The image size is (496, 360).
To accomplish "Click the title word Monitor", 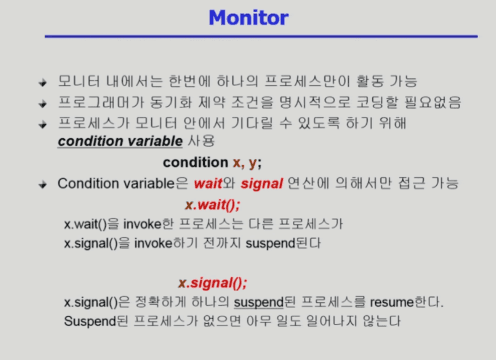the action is tap(249, 18).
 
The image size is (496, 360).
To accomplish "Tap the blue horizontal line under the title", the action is tap(261, 37).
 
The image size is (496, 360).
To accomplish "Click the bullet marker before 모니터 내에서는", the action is tap(43, 83).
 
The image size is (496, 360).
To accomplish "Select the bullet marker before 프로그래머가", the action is tap(43, 104).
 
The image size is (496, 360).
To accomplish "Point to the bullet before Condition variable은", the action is tap(43, 184).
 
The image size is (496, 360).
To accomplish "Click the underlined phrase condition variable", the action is tap(120, 141).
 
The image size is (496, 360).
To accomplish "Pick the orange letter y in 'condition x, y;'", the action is tap(253, 163).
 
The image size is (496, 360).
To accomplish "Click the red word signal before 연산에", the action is tap(262, 184).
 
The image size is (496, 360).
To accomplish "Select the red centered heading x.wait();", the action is tap(213, 204).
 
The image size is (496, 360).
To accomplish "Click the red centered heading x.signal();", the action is tap(213, 283).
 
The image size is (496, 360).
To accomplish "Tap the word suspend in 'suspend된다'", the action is tap(271, 244).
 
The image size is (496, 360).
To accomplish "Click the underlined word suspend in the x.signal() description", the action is tap(259, 303).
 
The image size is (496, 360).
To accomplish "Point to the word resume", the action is tap(392, 303).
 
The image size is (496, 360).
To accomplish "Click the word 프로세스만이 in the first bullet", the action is tap(307, 82).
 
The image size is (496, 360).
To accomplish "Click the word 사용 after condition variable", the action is tap(202, 141).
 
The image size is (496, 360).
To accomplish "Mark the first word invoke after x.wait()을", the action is tap(142, 225).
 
